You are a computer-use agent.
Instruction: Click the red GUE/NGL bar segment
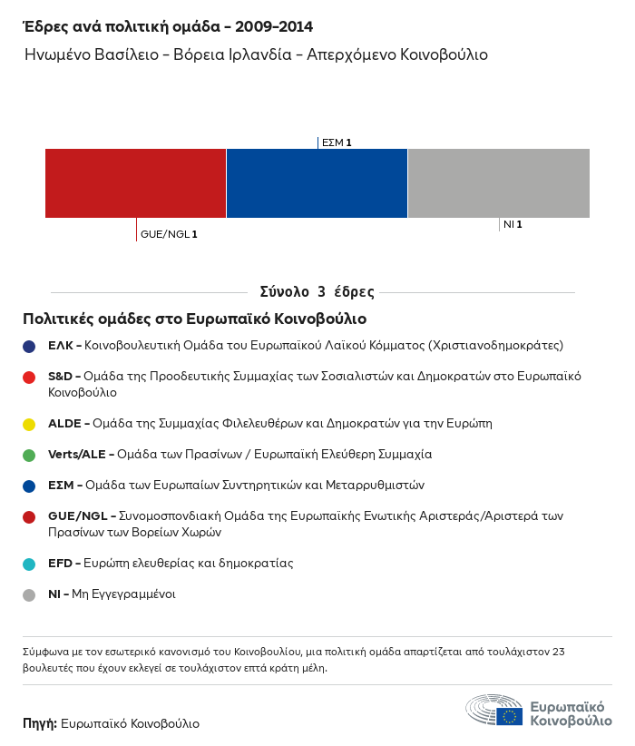tap(135, 183)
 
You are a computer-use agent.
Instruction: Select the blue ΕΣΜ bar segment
tap(317, 183)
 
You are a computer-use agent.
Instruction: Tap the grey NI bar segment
tap(498, 183)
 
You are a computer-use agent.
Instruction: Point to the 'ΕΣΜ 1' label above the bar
tap(337, 142)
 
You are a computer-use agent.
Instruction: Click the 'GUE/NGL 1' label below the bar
tap(169, 234)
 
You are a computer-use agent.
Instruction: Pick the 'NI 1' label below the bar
tap(513, 224)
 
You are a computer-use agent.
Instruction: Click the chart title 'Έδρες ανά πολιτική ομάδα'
tap(135, 26)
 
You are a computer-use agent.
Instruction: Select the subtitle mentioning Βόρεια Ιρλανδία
tap(257, 54)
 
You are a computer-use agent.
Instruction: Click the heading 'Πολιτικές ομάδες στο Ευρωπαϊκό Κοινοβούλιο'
tap(194, 319)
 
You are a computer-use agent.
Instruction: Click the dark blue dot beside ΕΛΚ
tap(29, 346)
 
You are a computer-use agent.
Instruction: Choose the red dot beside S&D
tap(29, 377)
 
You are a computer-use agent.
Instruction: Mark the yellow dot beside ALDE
tap(29, 424)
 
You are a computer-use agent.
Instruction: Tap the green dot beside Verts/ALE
tap(29, 455)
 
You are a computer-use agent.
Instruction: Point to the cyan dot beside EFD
tap(29, 564)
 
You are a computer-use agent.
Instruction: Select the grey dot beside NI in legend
tap(29, 594)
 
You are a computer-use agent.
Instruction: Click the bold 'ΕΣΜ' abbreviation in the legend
tap(62, 485)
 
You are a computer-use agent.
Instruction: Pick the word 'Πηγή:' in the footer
tap(40, 723)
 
